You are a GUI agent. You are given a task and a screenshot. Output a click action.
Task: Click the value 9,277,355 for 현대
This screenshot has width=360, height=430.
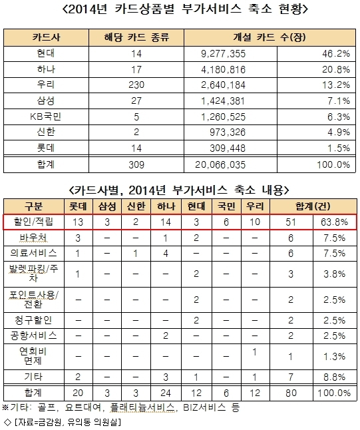point(223,54)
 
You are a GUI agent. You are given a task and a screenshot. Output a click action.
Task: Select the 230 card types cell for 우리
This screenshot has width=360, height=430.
point(136,85)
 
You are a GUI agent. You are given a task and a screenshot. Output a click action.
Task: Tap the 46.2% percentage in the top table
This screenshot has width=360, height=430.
point(336,53)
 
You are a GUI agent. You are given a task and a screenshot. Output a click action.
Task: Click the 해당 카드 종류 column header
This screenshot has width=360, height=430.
point(136,37)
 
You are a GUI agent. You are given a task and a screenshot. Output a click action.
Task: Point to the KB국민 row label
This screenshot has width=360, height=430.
point(46,116)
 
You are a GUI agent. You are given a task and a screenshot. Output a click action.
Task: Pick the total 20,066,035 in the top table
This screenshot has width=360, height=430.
point(220,165)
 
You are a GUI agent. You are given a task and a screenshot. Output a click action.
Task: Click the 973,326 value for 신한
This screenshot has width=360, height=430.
point(228,132)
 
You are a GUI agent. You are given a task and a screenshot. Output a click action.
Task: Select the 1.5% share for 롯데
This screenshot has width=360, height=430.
point(339,148)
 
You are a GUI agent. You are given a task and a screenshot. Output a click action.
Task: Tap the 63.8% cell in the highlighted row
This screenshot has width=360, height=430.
point(334,222)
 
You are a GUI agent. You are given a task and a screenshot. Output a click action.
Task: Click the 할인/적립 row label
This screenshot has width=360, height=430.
point(33,222)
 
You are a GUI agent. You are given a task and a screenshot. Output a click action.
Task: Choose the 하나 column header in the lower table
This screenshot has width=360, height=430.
point(166,206)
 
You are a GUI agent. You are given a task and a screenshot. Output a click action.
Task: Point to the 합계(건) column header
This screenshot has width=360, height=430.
point(313,206)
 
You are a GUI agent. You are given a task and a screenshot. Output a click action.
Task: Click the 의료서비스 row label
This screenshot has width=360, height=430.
point(33,253)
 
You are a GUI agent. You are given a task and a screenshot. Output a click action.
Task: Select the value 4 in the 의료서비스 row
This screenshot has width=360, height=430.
point(166,254)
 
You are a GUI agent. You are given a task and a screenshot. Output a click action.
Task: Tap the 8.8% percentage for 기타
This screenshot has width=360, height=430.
point(334,377)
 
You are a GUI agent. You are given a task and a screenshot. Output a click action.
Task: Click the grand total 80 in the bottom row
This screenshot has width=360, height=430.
point(291,393)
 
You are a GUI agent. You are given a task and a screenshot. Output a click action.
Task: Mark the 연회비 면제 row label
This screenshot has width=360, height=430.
point(33,356)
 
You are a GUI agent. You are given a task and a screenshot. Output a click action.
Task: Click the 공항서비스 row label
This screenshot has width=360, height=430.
point(33,335)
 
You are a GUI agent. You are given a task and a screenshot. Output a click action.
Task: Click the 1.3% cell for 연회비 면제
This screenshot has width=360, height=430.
point(334,357)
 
